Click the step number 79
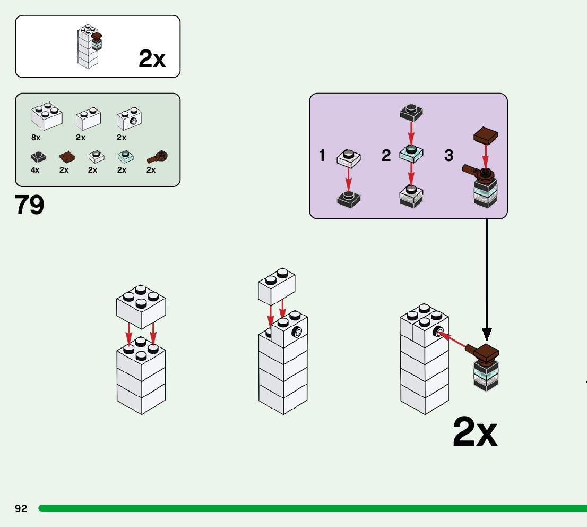coord(30,205)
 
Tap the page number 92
coord(21,508)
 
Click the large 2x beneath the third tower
coord(475,433)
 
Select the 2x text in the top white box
coord(152,59)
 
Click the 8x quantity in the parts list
coord(36,138)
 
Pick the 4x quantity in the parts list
coord(36,170)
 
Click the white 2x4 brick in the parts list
coord(47,115)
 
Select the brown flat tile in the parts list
coord(67,157)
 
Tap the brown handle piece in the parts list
coord(157,156)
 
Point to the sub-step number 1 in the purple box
coord(322,156)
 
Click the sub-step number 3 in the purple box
coord(449,156)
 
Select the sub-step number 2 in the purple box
coord(386,156)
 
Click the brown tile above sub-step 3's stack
coord(485,136)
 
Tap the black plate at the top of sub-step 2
coord(411,112)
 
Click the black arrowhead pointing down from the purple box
coord(487,334)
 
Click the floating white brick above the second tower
coord(277,286)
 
